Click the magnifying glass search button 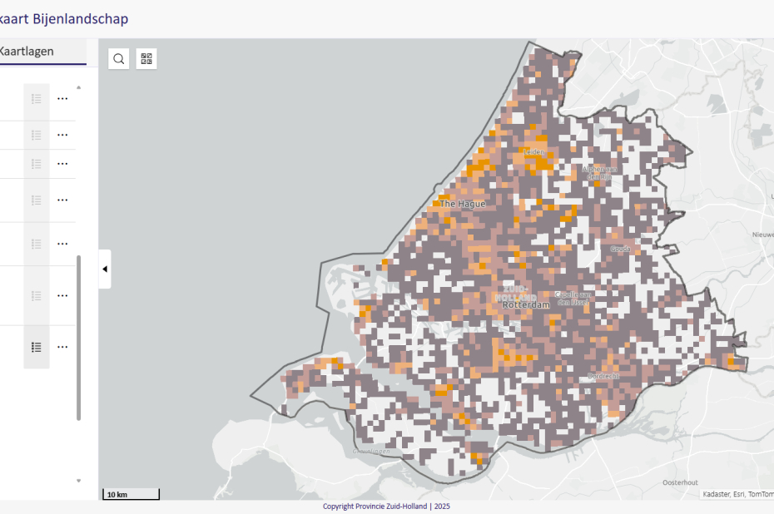click(x=119, y=58)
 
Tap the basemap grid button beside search click(x=146, y=58)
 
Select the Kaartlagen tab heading click(x=27, y=52)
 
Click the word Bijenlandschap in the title click(x=81, y=18)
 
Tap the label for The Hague click(x=462, y=203)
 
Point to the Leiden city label click(x=533, y=152)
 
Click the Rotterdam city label click(x=526, y=304)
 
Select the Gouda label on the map click(x=620, y=249)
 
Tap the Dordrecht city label click(x=603, y=376)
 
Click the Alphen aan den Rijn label click(x=598, y=172)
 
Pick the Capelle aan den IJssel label click(x=573, y=298)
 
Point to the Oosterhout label click(x=680, y=482)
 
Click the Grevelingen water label click(x=371, y=451)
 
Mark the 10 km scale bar click(x=131, y=495)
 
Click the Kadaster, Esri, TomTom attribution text click(x=737, y=494)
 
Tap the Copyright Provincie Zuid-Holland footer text click(x=386, y=507)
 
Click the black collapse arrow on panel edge click(x=105, y=269)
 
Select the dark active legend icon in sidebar click(x=37, y=347)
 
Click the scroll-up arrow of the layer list click(x=79, y=86)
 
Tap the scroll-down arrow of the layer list click(x=79, y=481)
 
